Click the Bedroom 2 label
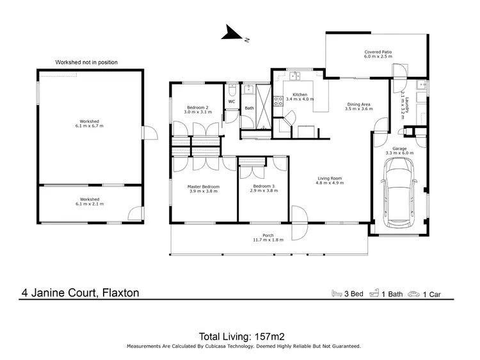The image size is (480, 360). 197,107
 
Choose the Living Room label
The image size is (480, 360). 330,179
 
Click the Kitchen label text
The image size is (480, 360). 300,95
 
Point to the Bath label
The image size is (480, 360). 249,108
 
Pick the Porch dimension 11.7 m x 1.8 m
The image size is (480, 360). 268,239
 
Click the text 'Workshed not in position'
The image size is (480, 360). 86,62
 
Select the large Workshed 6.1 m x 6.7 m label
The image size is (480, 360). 90,124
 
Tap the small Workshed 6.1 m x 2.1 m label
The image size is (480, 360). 90,201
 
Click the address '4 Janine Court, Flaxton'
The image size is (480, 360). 79,293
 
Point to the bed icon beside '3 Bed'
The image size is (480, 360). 336,293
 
